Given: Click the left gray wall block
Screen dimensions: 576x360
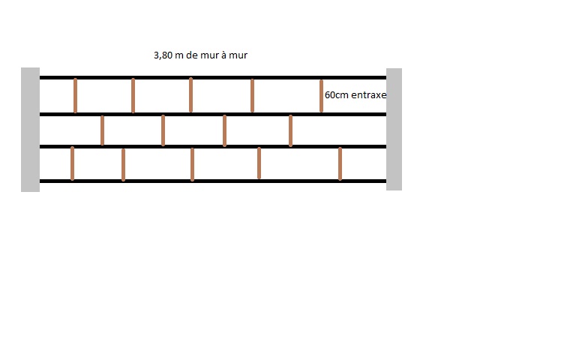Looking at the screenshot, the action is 30,129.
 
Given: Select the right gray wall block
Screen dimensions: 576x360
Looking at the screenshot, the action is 394,129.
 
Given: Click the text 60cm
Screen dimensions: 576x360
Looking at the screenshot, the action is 336,96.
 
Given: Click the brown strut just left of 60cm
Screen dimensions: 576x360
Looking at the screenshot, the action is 321,95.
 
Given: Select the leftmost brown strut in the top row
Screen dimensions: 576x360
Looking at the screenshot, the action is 75,95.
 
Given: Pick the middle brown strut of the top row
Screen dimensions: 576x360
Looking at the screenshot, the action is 190,95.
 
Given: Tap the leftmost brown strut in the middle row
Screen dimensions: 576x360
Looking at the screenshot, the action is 102,130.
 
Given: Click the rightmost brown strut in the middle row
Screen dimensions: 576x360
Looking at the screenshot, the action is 290,130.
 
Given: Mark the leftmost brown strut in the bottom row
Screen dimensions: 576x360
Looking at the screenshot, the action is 72,163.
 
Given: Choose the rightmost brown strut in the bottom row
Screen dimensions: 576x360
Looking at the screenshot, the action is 340,163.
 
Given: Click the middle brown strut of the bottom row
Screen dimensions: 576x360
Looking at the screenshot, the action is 192,163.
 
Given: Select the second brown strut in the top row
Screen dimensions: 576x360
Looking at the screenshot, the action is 133,95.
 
